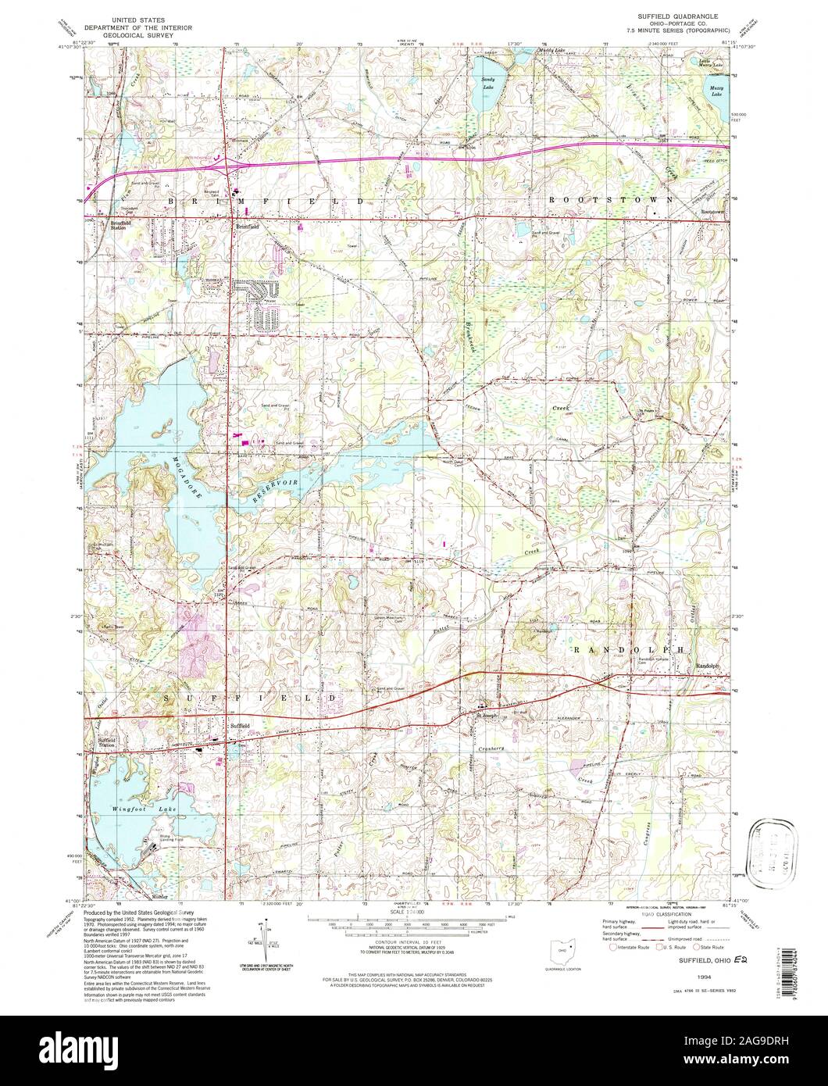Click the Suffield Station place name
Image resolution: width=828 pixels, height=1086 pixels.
pyautogui.click(x=106, y=743)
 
